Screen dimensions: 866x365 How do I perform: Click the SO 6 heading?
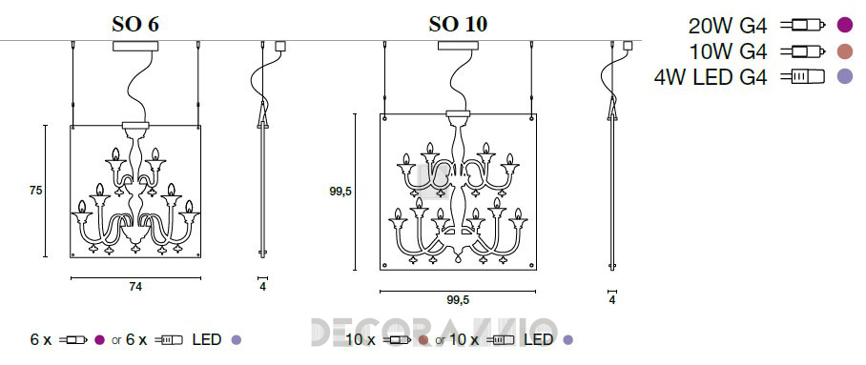pyautogui.click(x=135, y=24)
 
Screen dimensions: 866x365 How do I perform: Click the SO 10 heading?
pyautogui.click(x=458, y=24)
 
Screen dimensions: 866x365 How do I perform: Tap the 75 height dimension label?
pyautogui.click(x=36, y=191)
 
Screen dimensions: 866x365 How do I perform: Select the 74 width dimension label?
pyautogui.click(x=135, y=287)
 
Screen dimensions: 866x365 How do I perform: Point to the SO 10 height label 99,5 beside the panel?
pyautogui.click(x=340, y=191)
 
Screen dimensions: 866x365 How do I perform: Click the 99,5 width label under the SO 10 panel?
pyautogui.click(x=458, y=300)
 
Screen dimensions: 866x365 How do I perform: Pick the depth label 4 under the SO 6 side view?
pyautogui.click(x=263, y=287)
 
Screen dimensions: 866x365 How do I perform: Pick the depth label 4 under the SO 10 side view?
pyautogui.click(x=612, y=300)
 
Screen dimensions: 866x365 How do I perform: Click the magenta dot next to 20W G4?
pyautogui.click(x=845, y=25)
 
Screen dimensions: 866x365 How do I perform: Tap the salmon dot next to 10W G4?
pyautogui.click(x=845, y=51)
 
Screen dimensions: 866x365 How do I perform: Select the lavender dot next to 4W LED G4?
pyautogui.click(x=845, y=76)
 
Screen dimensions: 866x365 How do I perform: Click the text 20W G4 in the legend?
pyautogui.click(x=728, y=26)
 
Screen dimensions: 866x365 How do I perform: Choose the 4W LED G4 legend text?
pyautogui.click(x=711, y=77)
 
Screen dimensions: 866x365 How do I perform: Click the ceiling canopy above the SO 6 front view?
pyautogui.click(x=135, y=47)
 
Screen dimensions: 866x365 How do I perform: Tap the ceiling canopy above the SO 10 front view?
pyautogui.click(x=458, y=46)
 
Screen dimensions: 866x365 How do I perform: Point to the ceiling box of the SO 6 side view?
pyautogui.click(x=280, y=47)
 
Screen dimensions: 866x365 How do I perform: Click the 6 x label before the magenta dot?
pyautogui.click(x=40, y=339)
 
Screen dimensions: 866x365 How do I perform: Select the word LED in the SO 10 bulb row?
pyautogui.click(x=539, y=339)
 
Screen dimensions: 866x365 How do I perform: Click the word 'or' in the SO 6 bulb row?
pyautogui.click(x=116, y=341)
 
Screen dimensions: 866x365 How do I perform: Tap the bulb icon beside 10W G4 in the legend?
pyautogui.click(x=803, y=51)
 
